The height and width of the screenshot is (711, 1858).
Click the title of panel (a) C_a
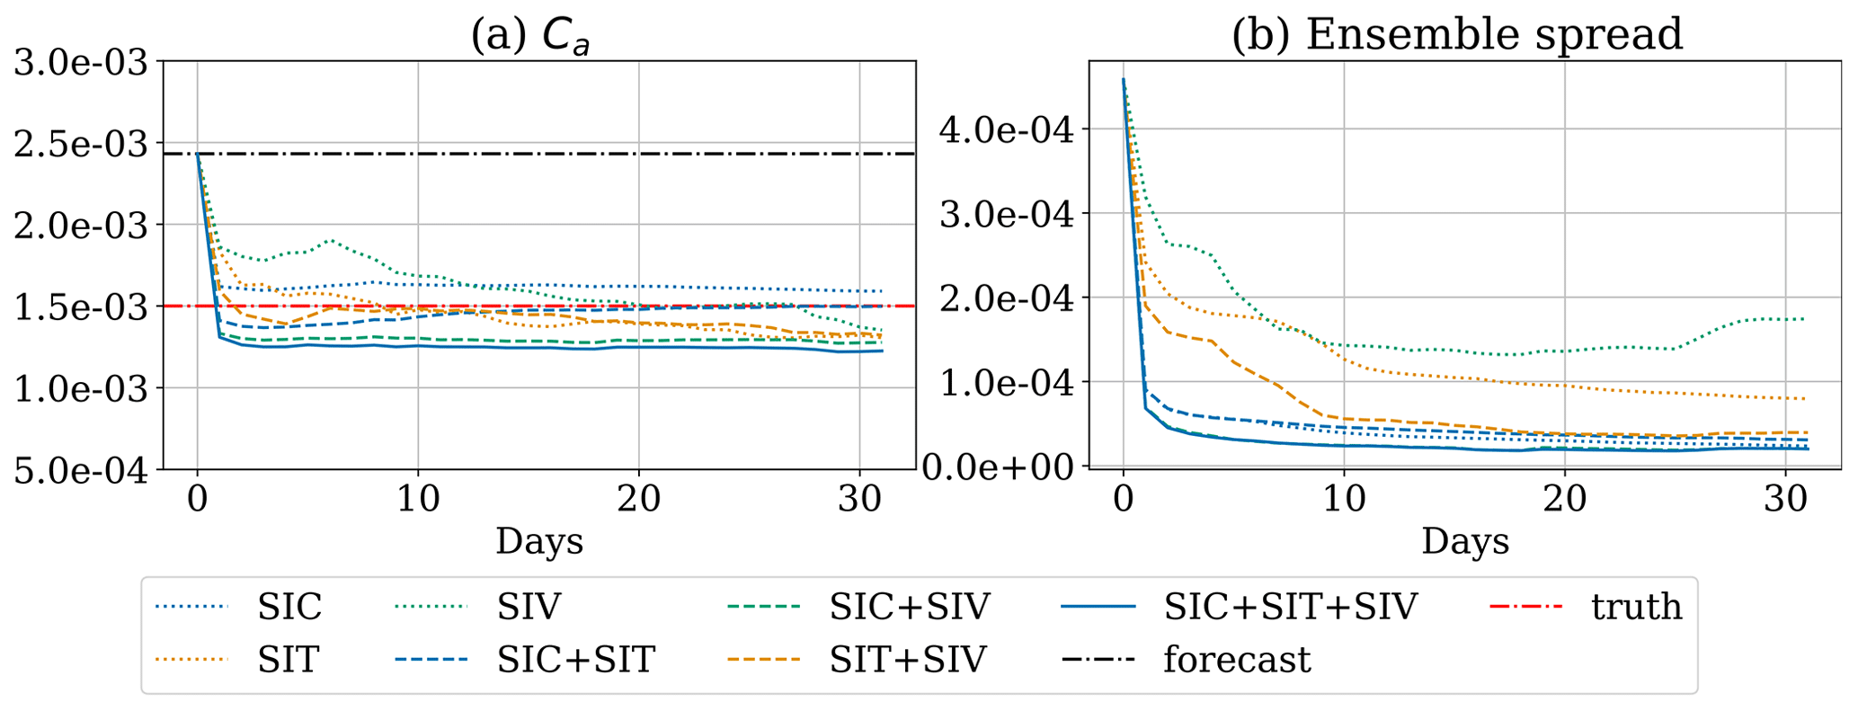tap(530, 36)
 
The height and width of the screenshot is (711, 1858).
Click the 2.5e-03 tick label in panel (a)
tap(81, 144)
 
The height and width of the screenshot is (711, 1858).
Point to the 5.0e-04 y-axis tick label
tap(81, 470)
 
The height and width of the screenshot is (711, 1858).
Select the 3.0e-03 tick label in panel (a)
tap(81, 62)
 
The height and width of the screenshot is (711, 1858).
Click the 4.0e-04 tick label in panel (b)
tap(1006, 129)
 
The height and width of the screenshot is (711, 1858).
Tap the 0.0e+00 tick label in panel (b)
tap(1006, 467)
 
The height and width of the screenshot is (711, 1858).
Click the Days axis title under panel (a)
tap(539, 541)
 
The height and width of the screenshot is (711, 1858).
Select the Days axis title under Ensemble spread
tap(1465, 541)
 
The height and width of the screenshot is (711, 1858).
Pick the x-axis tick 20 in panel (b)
tap(1564, 500)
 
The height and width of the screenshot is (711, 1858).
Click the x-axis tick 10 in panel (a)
tap(418, 500)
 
